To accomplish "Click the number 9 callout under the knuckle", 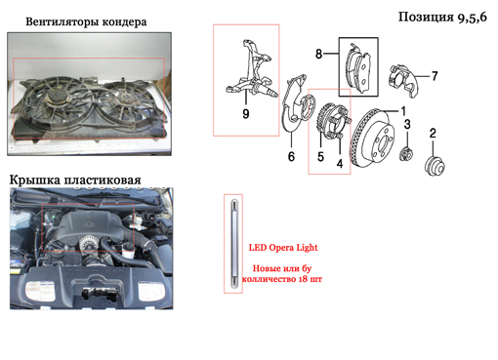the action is tap(246, 114).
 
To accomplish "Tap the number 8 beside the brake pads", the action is tap(319, 54).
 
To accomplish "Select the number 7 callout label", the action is tap(435, 76).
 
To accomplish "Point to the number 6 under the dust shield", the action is tap(291, 156).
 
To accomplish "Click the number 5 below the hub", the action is tap(320, 157).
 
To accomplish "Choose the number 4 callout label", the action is tap(340, 164).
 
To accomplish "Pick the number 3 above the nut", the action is tap(407, 124).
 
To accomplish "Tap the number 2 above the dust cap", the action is tap(433, 133).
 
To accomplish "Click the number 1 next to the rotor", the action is tap(403, 111).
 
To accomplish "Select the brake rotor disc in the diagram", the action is tap(372, 139).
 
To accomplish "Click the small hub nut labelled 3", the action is tap(406, 154).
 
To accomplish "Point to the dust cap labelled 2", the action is tap(435, 166).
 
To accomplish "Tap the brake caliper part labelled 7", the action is tap(402, 80).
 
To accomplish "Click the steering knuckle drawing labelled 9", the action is tap(252, 70).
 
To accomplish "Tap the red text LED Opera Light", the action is tap(283, 248).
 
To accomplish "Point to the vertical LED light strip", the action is tap(233, 244).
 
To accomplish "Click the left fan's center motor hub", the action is tap(56, 96).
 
